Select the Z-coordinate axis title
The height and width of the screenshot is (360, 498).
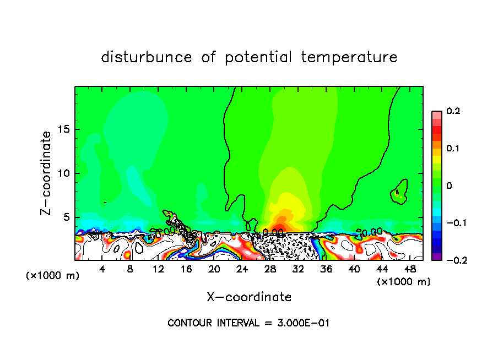[47, 173]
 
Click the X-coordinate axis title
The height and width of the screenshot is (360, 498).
[249, 297]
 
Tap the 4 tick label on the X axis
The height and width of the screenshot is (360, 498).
[102, 269]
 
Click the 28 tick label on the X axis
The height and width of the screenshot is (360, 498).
[270, 269]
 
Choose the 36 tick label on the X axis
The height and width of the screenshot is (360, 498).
[326, 269]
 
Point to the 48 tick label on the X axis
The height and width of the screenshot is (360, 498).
[410, 269]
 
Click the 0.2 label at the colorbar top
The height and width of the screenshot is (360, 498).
[453, 111]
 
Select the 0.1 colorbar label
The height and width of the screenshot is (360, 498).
[453, 149]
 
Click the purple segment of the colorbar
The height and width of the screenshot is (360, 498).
[437, 256]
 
